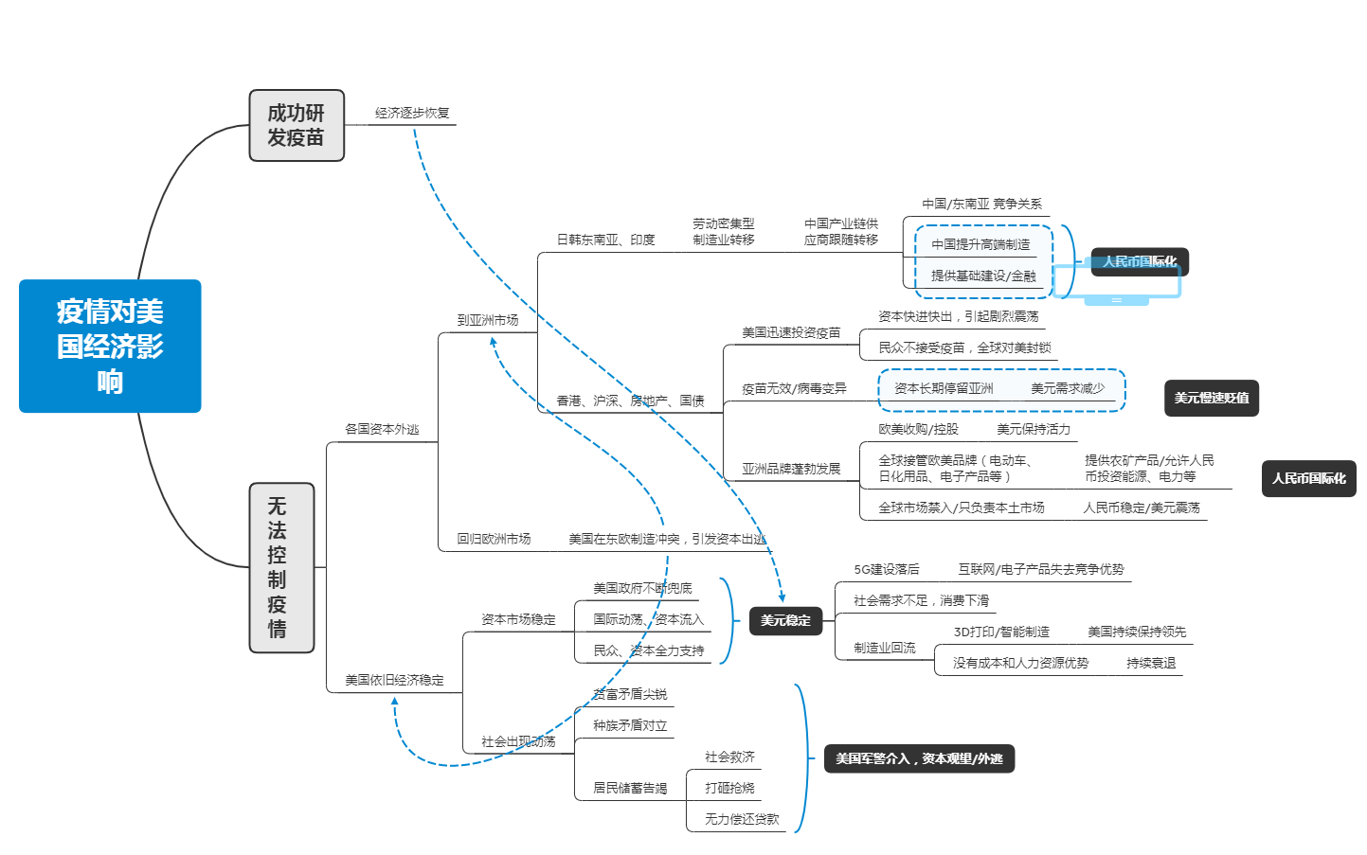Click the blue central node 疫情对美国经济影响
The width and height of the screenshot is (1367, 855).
(x=110, y=346)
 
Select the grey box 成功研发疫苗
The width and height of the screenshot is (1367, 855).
(x=297, y=125)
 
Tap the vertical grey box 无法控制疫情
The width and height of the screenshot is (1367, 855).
(x=280, y=567)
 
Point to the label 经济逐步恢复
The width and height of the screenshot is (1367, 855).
(x=412, y=114)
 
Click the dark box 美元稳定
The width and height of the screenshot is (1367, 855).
(x=785, y=620)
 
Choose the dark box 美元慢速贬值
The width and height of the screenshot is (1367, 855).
(x=1211, y=398)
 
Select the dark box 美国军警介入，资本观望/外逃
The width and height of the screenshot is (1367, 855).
(x=918, y=758)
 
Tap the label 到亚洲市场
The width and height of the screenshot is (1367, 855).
(x=488, y=320)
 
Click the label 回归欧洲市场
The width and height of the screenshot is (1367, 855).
(x=494, y=539)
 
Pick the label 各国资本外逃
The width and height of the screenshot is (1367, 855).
(x=382, y=429)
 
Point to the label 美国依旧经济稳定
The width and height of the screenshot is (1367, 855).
(x=394, y=680)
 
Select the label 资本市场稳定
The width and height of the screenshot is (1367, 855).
(x=518, y=619)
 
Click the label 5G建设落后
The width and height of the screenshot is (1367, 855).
(x=886, y=569)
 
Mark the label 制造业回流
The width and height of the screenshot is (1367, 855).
(x=884, y=648)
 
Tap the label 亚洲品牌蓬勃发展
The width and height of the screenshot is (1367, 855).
(x=791, y=469)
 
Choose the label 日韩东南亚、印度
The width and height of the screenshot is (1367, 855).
(x=605, y=240)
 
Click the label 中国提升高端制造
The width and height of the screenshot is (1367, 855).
(x=980, y=244)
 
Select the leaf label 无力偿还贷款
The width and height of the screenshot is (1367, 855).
(x=742, y=819)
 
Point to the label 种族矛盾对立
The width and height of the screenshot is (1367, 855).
(x=630, y=725)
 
